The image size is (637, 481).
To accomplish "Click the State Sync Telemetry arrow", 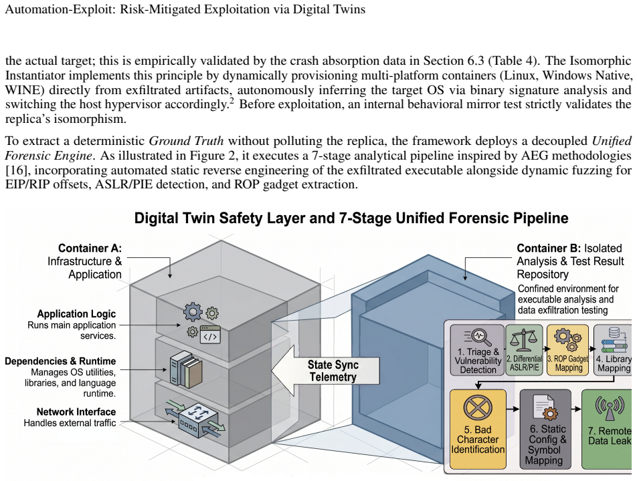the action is [x=325, y=370].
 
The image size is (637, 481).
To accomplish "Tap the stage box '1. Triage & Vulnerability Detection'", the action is [x=477, y=350].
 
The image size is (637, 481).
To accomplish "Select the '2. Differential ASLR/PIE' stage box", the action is [x=525, y=350].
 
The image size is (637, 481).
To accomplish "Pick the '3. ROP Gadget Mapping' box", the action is [x=567, y=350].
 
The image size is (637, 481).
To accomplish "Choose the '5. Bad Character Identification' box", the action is [x=478, y=429].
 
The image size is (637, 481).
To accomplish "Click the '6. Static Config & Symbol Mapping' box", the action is [x=545, y=429].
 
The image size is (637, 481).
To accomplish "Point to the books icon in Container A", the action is [x=186, y=369].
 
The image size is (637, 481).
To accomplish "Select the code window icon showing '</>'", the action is [x=210, y=335].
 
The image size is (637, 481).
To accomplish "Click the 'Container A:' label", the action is [x=90, y=249].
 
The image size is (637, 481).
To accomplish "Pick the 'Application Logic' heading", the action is [x=76, y=314].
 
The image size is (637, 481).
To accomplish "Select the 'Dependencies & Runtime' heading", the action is [x=60, y=361].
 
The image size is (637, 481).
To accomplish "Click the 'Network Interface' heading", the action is [x=76, y=412].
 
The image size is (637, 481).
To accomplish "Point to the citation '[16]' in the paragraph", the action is [x=15, y=170].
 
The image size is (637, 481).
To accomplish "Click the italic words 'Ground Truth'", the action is [x=186, y=141].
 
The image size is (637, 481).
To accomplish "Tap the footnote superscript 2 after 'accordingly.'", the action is [x=232, y=100].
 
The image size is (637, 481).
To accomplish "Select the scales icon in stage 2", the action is [x=524, y=340].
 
